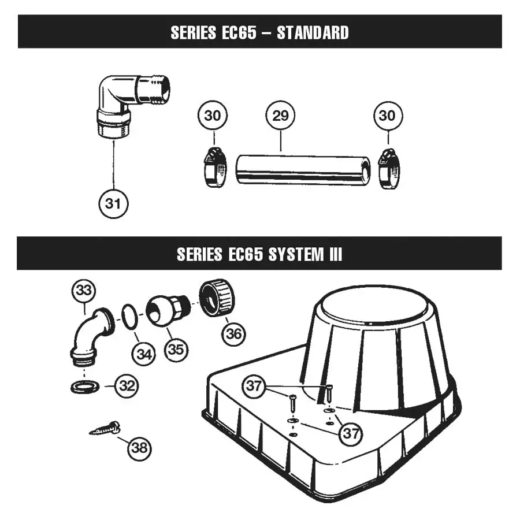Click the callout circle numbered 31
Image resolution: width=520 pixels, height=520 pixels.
coord(113,203)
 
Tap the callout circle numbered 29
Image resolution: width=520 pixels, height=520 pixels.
coord(280,116)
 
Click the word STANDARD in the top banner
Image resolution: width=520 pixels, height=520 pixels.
coord(313,32)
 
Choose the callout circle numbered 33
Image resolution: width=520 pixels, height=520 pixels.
coord(84,291)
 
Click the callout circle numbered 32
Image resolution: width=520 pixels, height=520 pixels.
coord(127,385)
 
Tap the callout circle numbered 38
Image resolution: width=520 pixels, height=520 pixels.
coord(139,448)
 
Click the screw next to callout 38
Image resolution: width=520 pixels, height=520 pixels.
coord(105,429)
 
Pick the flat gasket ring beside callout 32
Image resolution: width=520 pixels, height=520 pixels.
coord(84,386)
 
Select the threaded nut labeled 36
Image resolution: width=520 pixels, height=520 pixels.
coord(217,296)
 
